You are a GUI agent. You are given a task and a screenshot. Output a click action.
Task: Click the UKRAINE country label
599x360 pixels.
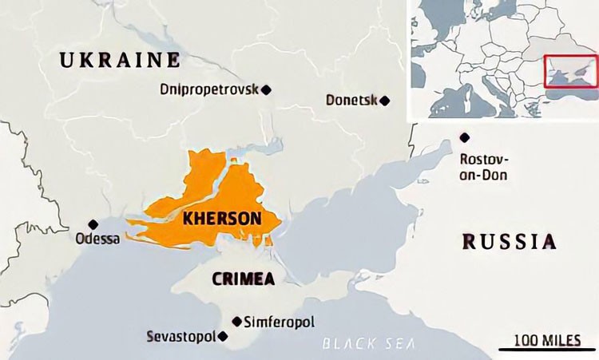pyautogui.click(x=120, y=59)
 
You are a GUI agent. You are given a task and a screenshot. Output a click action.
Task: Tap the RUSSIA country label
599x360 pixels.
pyautogui.click(x=510, y=241)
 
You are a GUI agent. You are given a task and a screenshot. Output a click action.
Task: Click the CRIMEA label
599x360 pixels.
pyautogui.click(x=244, y=279)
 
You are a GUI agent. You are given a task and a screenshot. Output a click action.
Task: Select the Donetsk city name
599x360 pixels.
pyautogui.click(x=351, y=101)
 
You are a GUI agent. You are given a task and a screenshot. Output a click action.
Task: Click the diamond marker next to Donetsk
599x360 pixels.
pyautogui.click(x=385, y=101)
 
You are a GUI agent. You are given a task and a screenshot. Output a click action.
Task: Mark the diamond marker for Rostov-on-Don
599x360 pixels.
pyautogui.click(x=464, y=138)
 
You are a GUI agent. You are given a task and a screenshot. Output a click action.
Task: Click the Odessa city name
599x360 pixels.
pyautogui.click(x=97, y=239)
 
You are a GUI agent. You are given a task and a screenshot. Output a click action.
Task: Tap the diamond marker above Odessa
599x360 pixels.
pyautogui.click(x=93, y=224)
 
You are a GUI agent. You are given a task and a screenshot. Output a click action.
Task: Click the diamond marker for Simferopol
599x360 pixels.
pyautogui.click(x=236, y=321)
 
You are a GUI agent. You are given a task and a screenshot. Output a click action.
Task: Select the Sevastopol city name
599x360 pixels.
pyautogui.click(x=181, y=336)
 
